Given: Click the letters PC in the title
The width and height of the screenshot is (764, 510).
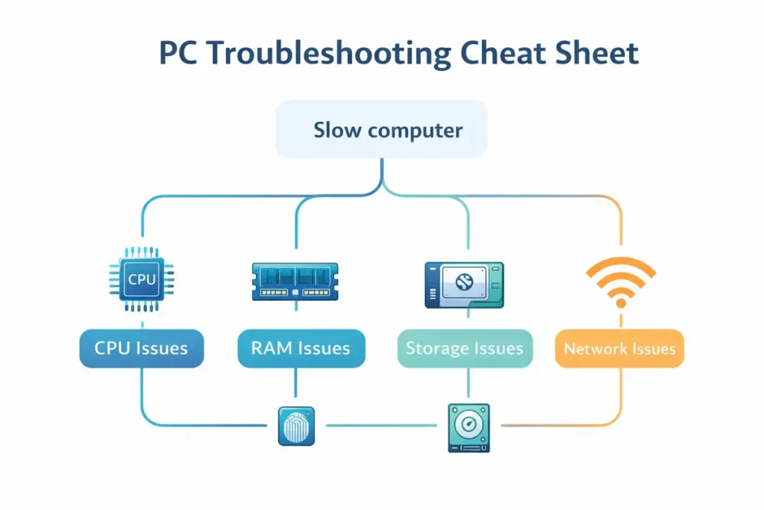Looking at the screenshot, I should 181,55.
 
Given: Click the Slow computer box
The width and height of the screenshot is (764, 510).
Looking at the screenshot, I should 381,130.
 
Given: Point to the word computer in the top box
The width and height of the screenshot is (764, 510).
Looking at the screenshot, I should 416,131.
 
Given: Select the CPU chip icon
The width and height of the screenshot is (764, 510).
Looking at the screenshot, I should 142,279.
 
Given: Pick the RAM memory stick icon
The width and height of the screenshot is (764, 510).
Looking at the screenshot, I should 295,282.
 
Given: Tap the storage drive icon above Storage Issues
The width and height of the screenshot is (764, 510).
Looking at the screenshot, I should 464,284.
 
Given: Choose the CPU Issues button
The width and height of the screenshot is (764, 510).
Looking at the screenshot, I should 141,348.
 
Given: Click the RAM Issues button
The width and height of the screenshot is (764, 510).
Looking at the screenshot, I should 301,348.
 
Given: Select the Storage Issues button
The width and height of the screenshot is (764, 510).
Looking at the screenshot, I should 465,349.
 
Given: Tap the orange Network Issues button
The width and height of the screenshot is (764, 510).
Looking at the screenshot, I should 619,349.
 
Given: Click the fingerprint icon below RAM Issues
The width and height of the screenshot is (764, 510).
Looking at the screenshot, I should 296,426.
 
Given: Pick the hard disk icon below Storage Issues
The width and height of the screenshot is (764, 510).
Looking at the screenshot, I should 469,427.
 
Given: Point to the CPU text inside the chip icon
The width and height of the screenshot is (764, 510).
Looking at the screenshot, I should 142,279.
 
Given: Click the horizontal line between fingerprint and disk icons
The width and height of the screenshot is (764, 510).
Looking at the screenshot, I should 381,426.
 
